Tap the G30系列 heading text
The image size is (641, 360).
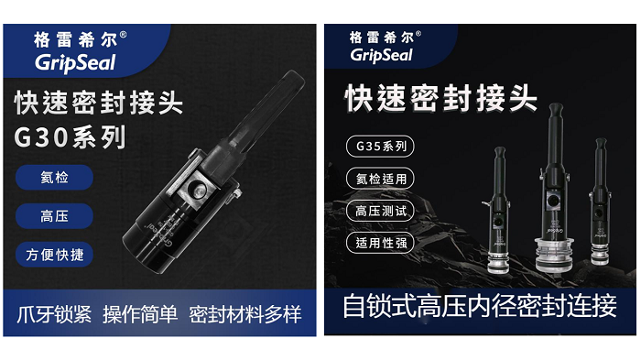(71, 137)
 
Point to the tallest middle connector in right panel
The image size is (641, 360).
(553, 174)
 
